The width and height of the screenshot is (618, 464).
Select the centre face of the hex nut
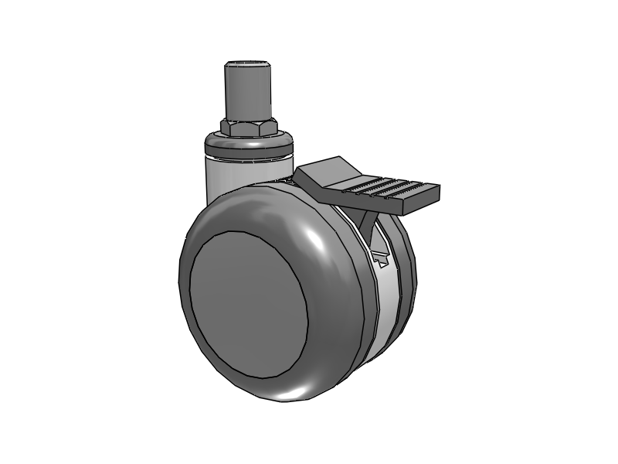click(246, 128)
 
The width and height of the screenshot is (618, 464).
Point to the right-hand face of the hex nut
click(268, 127)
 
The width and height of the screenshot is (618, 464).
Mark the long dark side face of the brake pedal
click(363, 203)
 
